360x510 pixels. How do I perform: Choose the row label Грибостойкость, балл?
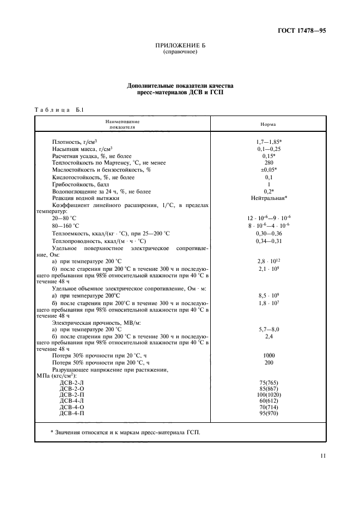pos(79,184)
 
